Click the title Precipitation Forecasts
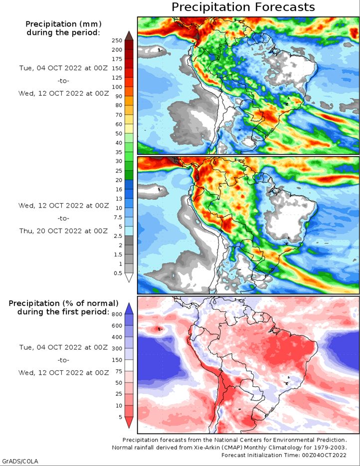tap(243, 7)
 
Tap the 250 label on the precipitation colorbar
tap(117, 40)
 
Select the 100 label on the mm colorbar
tap(117, 87)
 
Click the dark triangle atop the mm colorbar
tap(129, 35)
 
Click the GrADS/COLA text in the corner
tap(19, 461)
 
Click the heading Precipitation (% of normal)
tap(63, 303)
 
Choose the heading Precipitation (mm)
tap(63, 24)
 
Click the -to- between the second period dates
tap(63, 218)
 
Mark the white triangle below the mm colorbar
tap(129, 278)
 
